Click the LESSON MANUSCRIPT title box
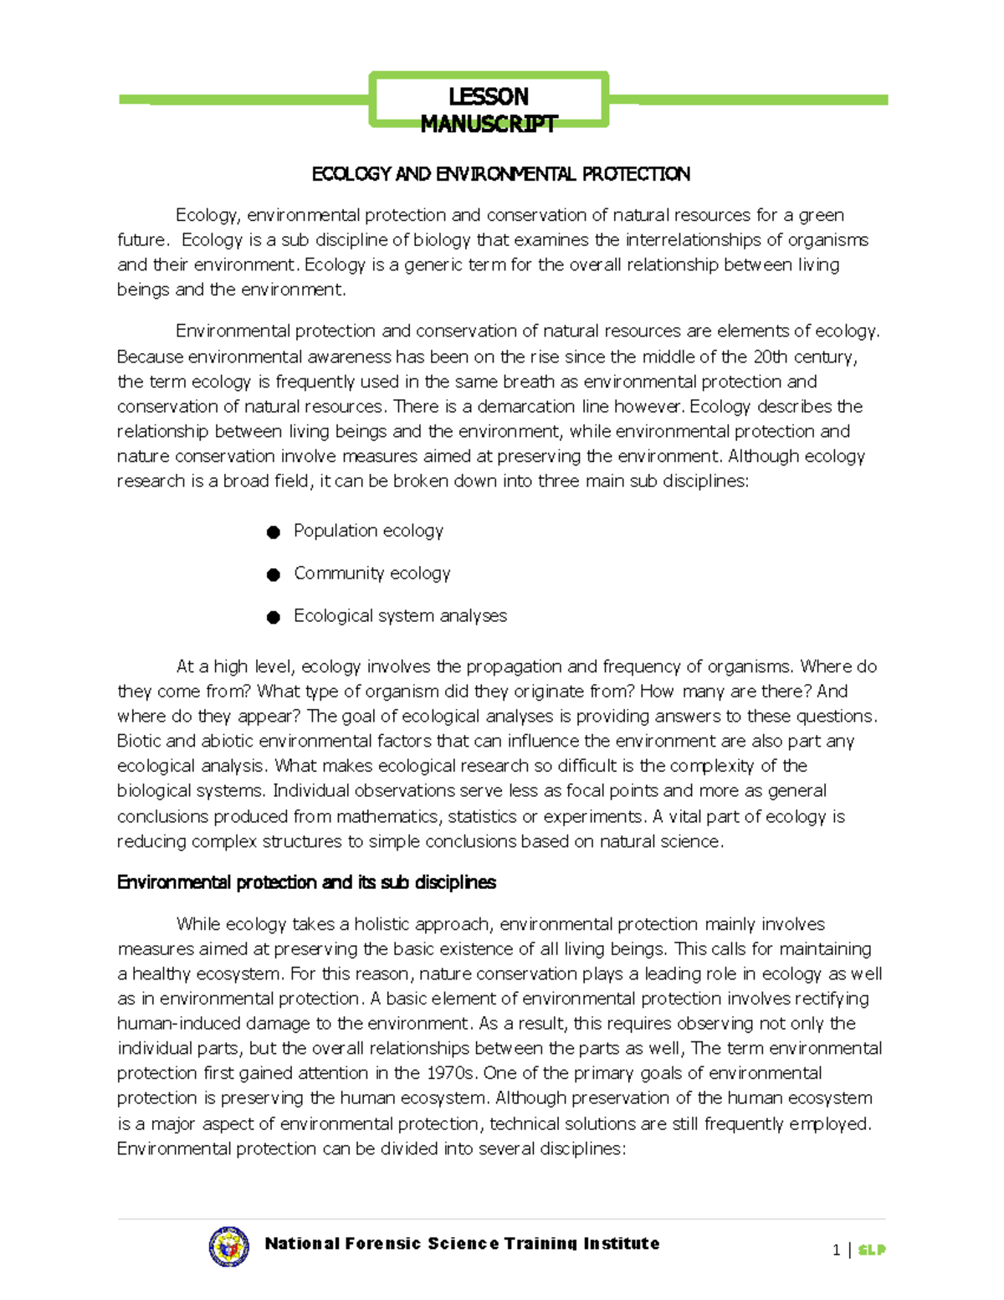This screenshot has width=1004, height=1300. tap(489, 100)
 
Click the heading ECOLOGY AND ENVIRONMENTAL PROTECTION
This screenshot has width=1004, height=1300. tap(500, 174)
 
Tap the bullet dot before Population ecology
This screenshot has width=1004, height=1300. tap(273, 532)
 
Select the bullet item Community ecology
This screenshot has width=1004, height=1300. tap(371, 573)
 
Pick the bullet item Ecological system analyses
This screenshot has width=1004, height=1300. tap(400, 616)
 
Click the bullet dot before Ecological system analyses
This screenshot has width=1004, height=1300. tap(273, 618)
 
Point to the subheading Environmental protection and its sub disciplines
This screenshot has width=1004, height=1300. tap(306, 882)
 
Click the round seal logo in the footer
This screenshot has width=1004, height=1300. tap(228, 1246)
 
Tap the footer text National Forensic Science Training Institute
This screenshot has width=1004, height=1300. tap(462, 1244)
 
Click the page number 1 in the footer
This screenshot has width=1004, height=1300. tap(836, 1250)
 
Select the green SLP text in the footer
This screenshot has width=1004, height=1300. tap(871, 1250)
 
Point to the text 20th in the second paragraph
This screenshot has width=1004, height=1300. tap(771, 357)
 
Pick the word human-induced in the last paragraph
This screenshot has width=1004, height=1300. tap(167, 1024)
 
